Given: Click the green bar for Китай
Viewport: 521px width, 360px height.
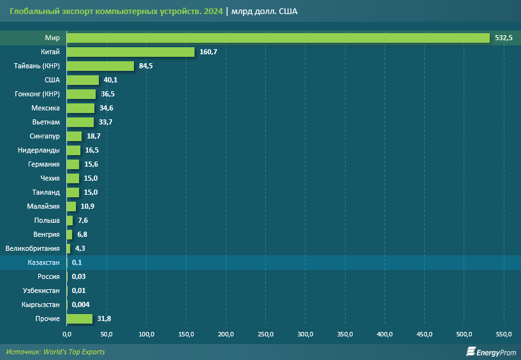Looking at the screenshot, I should point(131,52).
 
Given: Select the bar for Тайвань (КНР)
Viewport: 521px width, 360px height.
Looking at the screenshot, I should point(100,66).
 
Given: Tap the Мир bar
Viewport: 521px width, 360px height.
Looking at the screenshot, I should point(278,38).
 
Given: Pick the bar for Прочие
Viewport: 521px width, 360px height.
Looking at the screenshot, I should point(80,319).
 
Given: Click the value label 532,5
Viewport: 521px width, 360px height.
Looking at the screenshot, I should point(504,38).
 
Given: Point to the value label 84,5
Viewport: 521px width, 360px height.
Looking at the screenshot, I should point(147,66).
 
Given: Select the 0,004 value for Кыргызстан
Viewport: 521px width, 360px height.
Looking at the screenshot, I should point(82,304).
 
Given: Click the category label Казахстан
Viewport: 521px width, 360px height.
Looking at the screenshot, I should point(44,262).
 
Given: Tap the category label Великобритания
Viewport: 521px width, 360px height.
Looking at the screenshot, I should point(33,248).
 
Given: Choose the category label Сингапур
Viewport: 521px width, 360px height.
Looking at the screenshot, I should point(45,136).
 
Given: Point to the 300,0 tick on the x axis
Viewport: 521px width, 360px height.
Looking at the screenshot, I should point(305,334).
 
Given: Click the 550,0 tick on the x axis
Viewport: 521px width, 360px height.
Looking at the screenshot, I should point(504,334).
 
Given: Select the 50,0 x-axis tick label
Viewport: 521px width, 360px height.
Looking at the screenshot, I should point(106,334).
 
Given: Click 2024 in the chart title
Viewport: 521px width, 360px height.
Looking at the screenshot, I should point(213,11).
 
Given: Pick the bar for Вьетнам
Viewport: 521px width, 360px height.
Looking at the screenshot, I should point(80,122).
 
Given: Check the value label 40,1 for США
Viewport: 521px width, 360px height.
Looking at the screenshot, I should point(110,80).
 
